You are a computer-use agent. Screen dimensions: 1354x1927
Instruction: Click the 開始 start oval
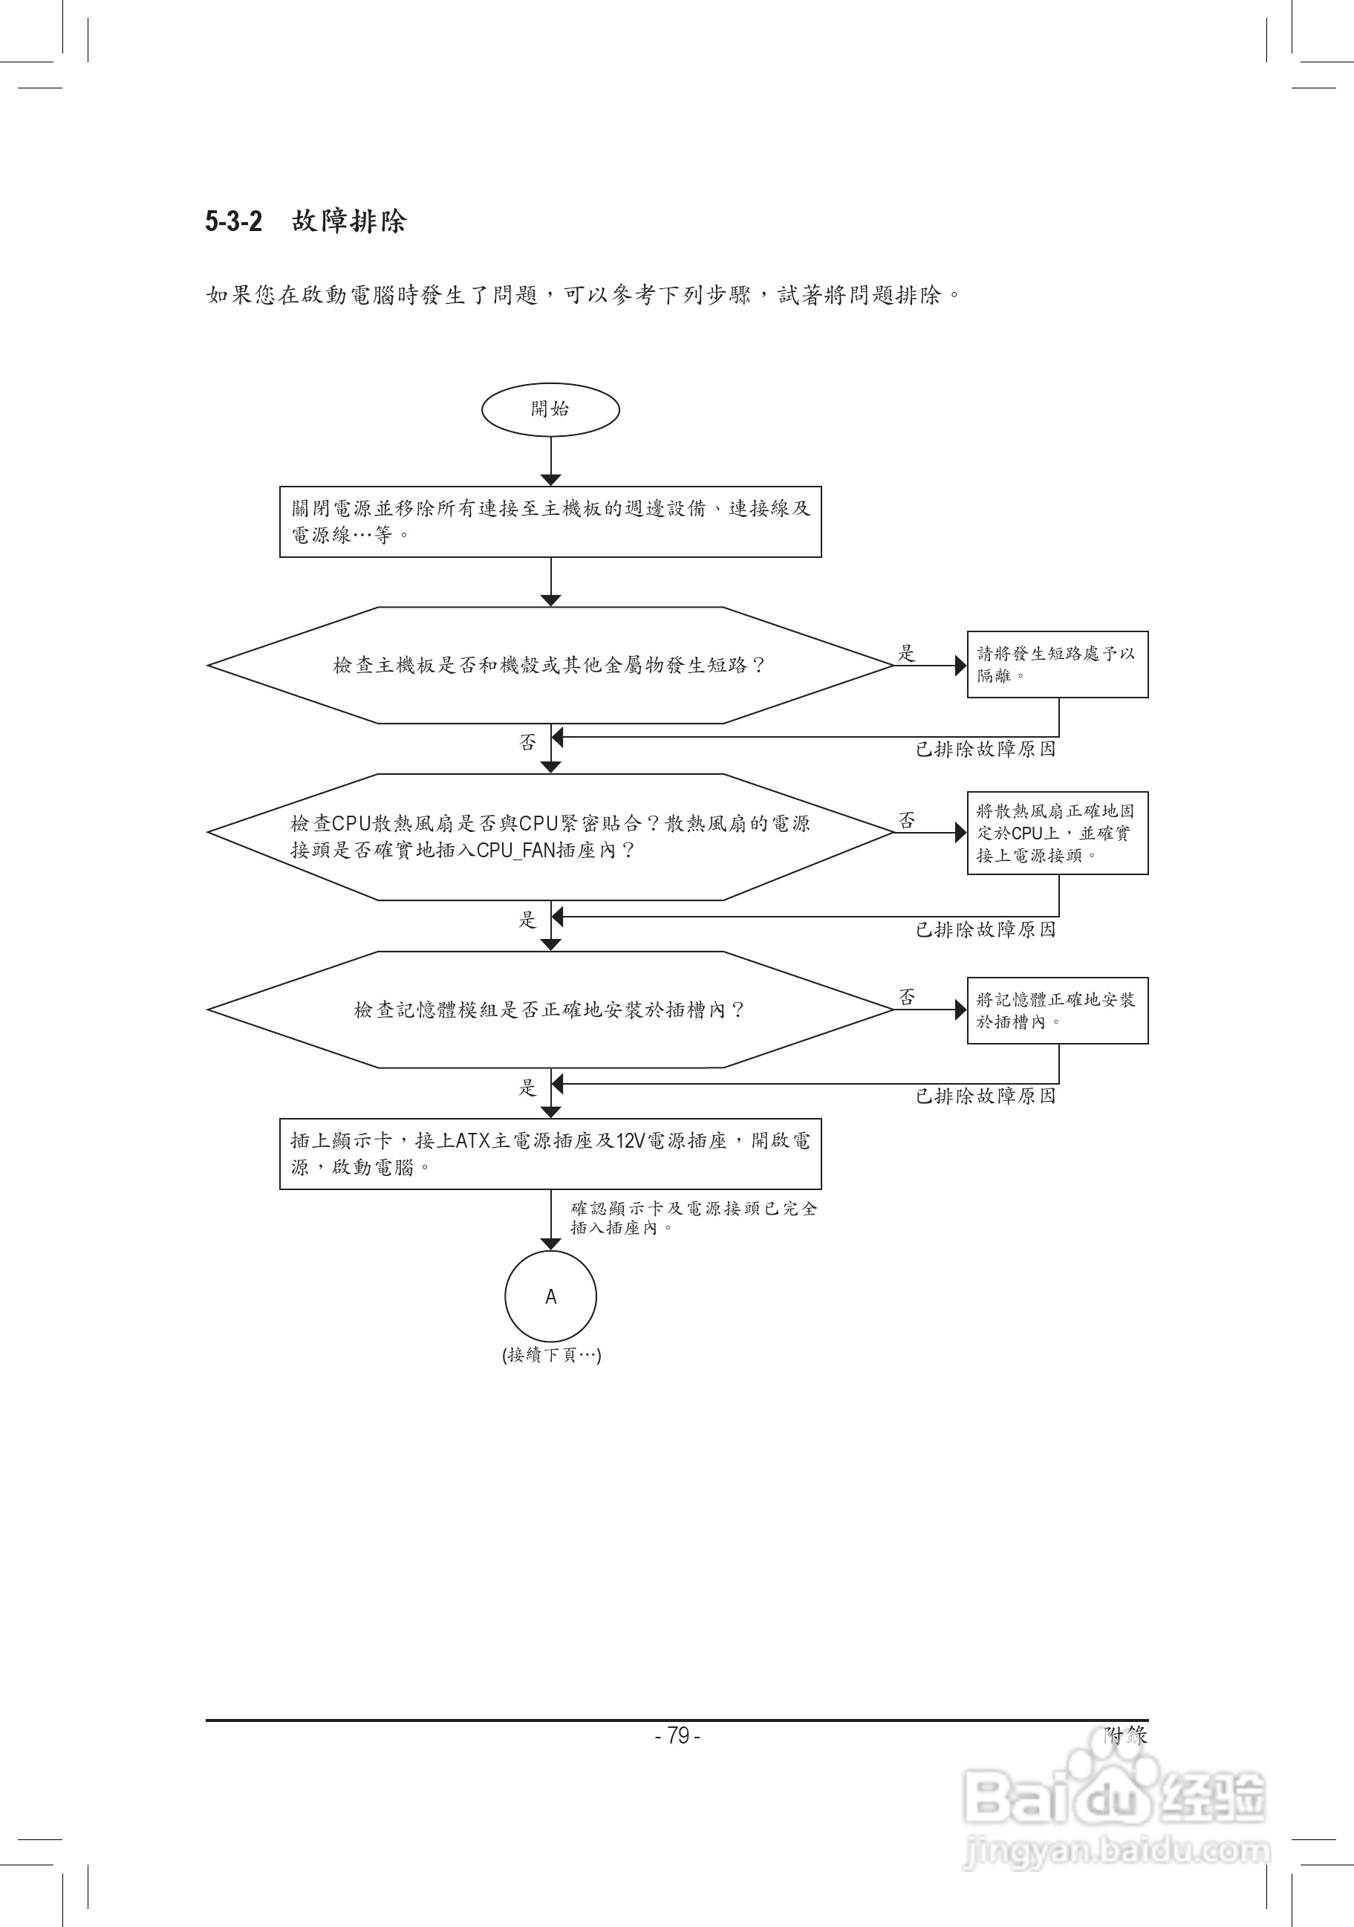[x=550, y=409]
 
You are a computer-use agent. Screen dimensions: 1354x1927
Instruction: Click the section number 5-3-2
[x=234, y=221]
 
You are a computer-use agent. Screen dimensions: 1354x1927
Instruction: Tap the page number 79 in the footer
[x=678, y=1735]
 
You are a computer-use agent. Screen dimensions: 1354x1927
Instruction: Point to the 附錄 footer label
[x=1125, y=1734]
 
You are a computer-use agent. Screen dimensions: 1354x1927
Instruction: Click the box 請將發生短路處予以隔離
[x=1057, y=664]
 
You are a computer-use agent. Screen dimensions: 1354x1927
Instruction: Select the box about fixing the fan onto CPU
[x=1057, y=833]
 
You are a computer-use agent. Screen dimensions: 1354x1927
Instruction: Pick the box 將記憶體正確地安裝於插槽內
[x=1057, y=1010]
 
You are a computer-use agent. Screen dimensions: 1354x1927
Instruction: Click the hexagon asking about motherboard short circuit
[x=550, y=665]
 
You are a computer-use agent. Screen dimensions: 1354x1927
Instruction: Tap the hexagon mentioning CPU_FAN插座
[x=550, y=836]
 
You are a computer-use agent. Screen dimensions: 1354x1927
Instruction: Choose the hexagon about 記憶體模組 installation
[x=550, y=1010]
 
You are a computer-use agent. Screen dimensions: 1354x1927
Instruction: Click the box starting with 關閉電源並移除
[x=550, y=521]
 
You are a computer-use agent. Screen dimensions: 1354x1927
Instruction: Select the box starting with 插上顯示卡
[x=550, y=1153]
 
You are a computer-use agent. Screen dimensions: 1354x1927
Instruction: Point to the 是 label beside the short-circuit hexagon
[x=907, y=652]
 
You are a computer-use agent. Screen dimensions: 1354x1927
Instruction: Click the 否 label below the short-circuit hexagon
[x=527, y=742]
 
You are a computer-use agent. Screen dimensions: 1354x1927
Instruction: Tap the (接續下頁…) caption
[x=551, y=1354]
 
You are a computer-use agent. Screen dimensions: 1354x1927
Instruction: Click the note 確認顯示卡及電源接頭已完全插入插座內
[x=694, y=1218]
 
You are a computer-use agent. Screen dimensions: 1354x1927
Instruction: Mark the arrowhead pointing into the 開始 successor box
[x=550, y=480]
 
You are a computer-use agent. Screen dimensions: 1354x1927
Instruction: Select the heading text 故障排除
[x=349, y=221]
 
